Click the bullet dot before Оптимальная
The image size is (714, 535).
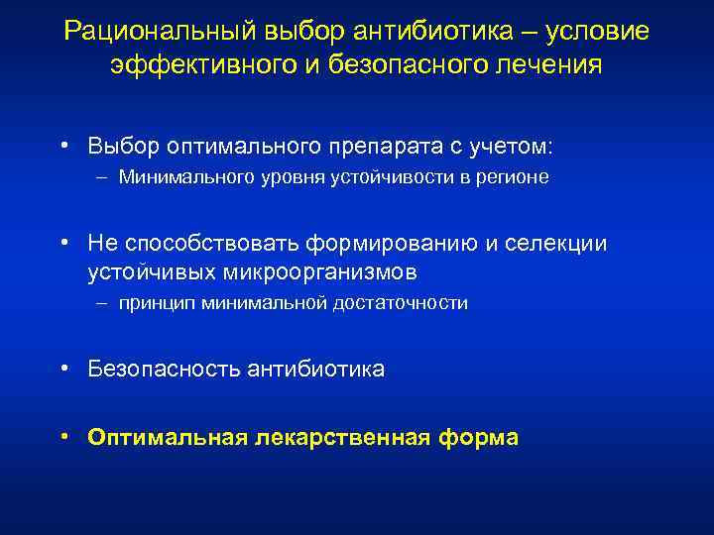pyautogui.click(x=63, y=436)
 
